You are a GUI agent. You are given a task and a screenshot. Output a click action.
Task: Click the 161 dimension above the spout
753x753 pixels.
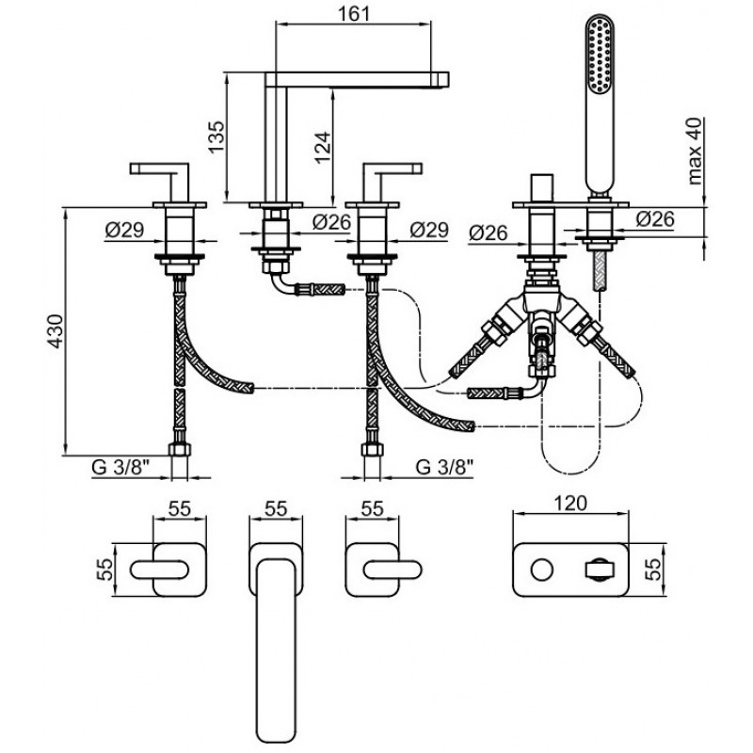tap(354, 13)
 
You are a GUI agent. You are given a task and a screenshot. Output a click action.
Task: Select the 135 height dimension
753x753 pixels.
tap(216, 136)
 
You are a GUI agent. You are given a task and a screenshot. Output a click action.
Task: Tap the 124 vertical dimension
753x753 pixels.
tap(323, 148)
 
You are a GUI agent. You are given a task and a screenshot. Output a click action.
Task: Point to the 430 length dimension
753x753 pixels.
tap(56, 331)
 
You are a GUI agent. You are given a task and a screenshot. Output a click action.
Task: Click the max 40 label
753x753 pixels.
tap(695, 151)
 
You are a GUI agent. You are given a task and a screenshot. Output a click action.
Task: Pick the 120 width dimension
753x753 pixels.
tap(570, 503)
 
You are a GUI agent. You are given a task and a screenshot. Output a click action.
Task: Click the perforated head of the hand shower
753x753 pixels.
tap(601, 54)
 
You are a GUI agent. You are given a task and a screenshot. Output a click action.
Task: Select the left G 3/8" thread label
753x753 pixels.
tap(120, 467)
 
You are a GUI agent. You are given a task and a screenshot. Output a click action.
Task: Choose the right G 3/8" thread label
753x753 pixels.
tap(444, 467)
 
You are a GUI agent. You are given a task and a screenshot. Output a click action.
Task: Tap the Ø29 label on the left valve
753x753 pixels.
tap(125, 230)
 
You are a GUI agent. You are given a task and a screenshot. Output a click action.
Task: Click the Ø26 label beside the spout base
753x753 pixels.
tap(332, 221)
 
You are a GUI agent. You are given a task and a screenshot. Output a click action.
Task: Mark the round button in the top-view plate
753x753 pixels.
tap(542, 570)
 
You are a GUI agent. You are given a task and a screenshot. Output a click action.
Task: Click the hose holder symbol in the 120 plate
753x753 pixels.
tap(600, 570)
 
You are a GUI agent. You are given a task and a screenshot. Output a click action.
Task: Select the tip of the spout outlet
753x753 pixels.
tap(449, 80)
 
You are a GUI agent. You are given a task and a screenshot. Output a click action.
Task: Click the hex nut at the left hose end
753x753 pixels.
tap(180, 450)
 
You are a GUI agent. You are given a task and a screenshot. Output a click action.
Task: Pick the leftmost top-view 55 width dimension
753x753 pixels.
tap(180, 508)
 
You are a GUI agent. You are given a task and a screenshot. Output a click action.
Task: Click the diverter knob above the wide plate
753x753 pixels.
tap(542, 189)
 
